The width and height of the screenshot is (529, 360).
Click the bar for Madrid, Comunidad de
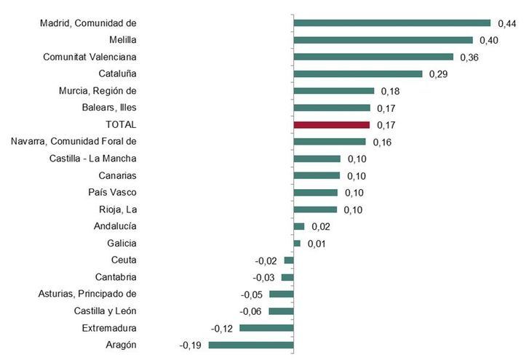tap(392, 23)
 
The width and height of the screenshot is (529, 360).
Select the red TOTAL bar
tap(332, 124)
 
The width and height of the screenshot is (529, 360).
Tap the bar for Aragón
tap(250, 345)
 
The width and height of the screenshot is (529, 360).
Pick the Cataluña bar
tap(358, 73)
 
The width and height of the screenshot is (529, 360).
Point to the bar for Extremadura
tap(266, 328)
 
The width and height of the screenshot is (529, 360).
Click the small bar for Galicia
tap(297, 243)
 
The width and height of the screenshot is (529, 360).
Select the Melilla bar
tap(383, 40)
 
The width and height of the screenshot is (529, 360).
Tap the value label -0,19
tap(192, 345)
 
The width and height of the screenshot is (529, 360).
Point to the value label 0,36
tap(468, 57)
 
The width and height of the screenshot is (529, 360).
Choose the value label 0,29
tap(437, 74)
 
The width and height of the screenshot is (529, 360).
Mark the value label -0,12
tap(222, 329)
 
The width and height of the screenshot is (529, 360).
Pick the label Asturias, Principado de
tap(87, 294)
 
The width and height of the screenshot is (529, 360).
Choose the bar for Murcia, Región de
tap(333, 91)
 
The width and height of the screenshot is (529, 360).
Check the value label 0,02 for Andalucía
tap(319, 227)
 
